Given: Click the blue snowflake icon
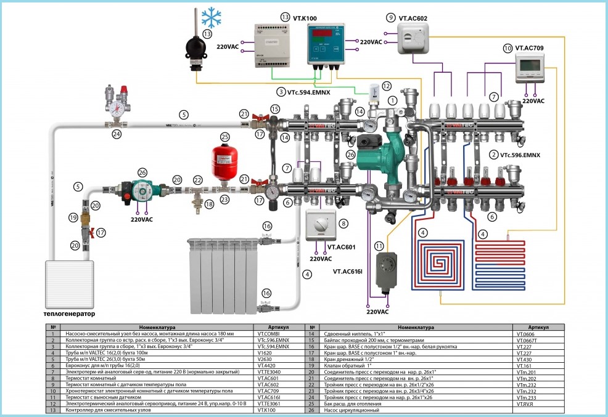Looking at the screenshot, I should click(213, 18).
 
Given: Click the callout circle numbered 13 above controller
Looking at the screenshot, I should click(284, 17).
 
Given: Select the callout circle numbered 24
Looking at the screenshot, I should click(117, 132).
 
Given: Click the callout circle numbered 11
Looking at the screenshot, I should click(379, 246).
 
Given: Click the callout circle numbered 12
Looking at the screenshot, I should click(387, 86).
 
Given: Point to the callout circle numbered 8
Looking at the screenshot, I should click(344, 223).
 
